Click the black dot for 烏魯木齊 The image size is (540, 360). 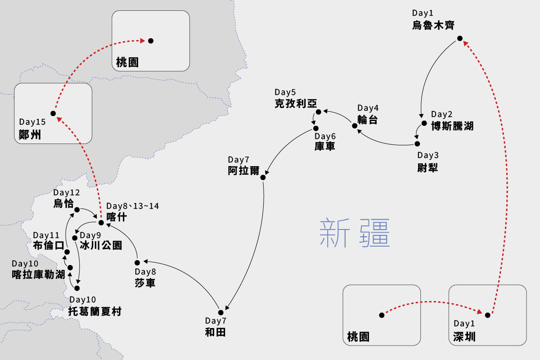click(459, 38)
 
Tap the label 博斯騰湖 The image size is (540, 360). click(452, 126)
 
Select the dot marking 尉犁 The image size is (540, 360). click(417, 144)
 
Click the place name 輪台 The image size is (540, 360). click(368, 120)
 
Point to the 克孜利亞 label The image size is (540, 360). click(296, 103)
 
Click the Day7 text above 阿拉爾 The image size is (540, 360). click(238, 160)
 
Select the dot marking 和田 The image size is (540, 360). click(221, 312)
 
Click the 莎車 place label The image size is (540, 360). click(145, 283)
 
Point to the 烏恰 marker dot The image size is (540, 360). click(77, 209)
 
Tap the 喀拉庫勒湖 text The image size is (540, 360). click(38, 274)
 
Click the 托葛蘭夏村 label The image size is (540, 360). click(94, 311)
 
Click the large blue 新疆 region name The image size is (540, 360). click(354, 233)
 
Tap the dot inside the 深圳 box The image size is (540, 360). click(487, 315)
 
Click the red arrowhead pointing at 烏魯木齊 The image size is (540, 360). click(465, 43)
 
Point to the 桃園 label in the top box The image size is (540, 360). click(127, 62)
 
